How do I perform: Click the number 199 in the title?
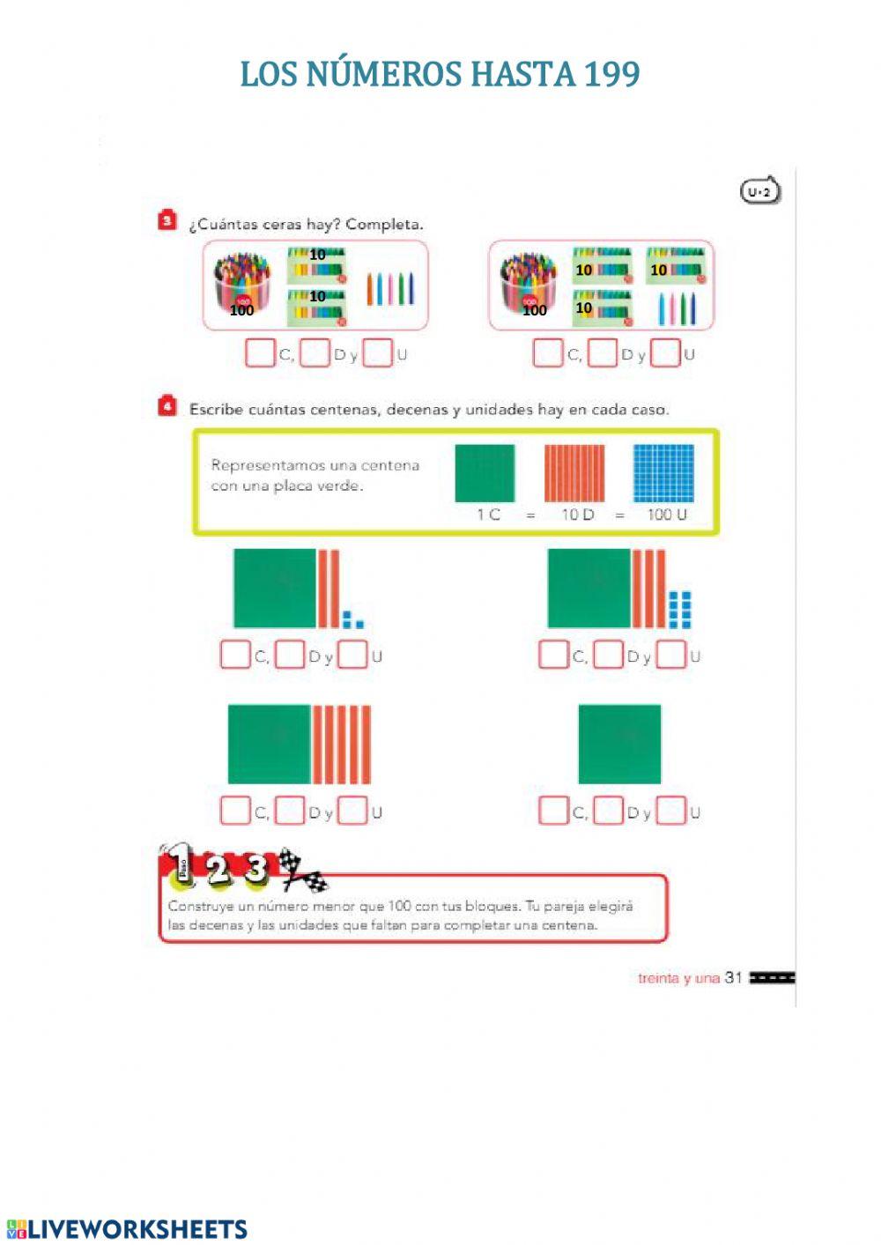[x=612, y=74]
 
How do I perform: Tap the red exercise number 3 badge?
[x=167, y=220]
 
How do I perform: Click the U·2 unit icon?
[x=759, y=190]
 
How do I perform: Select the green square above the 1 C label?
[x=485, y=473]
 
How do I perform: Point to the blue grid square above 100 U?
[x=663, y=473]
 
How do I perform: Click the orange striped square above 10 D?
[x=574, y=473]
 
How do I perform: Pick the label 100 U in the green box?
[x=667, y=515]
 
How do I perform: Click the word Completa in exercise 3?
[x=384, y=225]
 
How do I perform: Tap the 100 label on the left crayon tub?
[x=241, y=310]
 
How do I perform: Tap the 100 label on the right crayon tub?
[x=535, y=310]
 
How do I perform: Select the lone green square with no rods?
[x=619, y=745]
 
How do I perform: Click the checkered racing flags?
[x=303, y=871]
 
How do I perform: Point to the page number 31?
[x=734, y=978]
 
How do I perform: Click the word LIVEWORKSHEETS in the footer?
[x=137, y=1229]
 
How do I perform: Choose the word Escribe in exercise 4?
[x=216, y=410]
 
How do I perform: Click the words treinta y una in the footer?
[x=678, y=978]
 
